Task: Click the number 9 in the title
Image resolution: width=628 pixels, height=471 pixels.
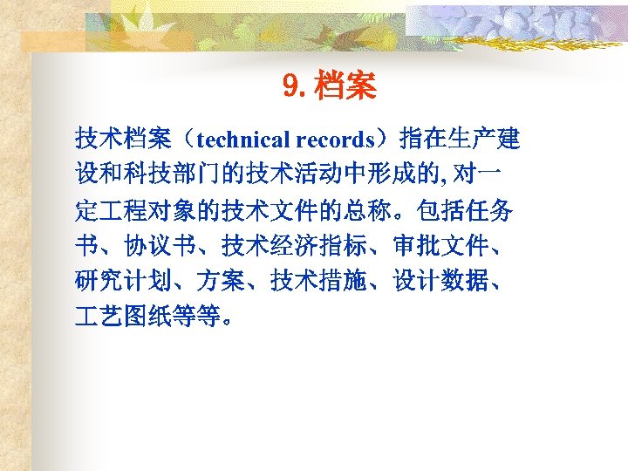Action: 290,86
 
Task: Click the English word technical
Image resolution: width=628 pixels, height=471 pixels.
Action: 244,139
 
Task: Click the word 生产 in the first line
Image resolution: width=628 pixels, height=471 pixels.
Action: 470,139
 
